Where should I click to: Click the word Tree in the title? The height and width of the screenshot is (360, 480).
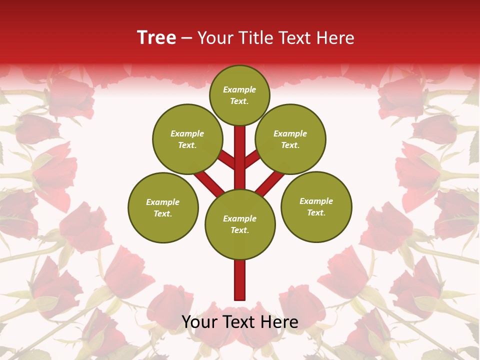pos(156,38)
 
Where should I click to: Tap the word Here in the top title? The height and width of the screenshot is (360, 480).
pos(335,38)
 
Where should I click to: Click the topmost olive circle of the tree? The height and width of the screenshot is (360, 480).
pos(239,95)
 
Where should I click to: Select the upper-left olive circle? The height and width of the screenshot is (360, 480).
pos(187,139)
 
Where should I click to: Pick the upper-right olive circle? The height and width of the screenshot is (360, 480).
pos(290,139)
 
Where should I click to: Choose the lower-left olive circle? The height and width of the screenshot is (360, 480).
pos(163,207)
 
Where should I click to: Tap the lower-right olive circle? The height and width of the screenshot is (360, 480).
pos(316,206)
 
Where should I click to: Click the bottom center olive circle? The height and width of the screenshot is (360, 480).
pos(240,224)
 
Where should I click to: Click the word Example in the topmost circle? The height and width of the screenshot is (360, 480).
pos(239,89)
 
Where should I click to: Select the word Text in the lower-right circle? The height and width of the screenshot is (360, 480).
pos(316,212)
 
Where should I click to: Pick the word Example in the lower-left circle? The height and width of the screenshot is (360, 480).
pos(163,202)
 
